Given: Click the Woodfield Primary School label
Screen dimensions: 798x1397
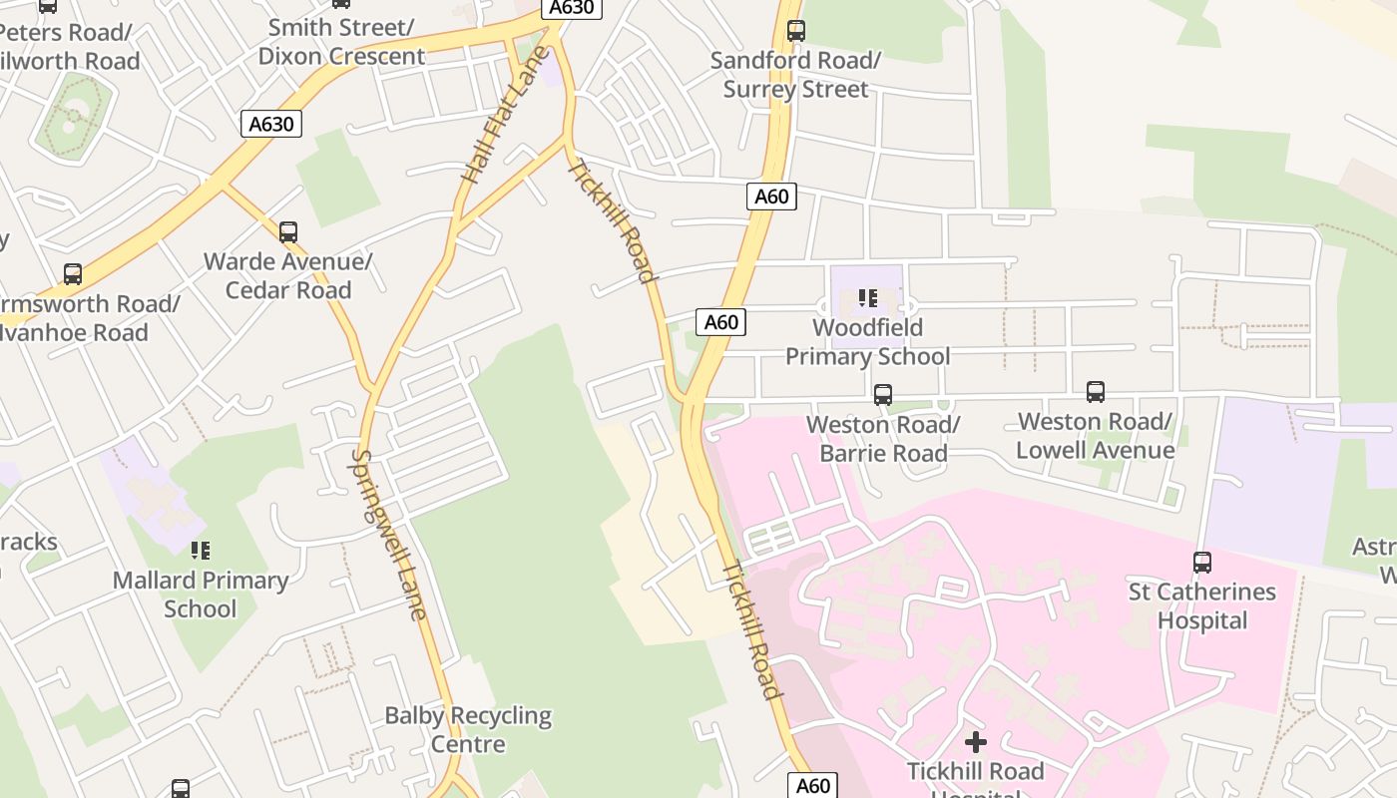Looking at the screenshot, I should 867,342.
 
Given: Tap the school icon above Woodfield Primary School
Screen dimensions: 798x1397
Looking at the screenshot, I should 868,297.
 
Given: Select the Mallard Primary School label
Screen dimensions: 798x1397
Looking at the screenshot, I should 201,595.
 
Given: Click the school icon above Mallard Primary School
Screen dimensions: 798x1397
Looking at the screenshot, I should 201,550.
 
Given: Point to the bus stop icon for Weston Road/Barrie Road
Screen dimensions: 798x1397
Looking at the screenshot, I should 883,395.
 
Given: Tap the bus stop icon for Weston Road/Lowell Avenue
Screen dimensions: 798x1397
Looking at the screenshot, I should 1096,392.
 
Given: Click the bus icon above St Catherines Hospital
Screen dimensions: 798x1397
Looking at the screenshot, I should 1202,563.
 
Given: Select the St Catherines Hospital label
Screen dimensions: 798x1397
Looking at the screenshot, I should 1202,605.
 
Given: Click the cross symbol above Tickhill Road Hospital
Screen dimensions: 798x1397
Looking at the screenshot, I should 976,742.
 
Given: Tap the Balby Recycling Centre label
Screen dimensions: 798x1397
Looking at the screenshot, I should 468,729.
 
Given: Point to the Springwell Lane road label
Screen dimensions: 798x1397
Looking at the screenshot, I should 389,534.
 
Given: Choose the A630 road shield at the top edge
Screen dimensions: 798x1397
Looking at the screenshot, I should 573,8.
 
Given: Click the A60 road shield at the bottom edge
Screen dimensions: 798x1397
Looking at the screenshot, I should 812,786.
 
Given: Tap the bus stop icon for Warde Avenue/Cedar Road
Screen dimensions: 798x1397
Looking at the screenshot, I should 288,232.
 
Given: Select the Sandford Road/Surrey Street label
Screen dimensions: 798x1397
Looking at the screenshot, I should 795,75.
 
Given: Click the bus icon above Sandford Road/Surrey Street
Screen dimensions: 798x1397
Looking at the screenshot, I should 795,31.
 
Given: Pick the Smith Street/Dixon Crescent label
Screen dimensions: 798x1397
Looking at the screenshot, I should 341,42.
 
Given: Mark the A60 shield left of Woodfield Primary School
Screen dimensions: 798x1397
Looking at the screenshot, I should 720,322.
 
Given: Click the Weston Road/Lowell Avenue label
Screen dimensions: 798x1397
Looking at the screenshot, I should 1095,436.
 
